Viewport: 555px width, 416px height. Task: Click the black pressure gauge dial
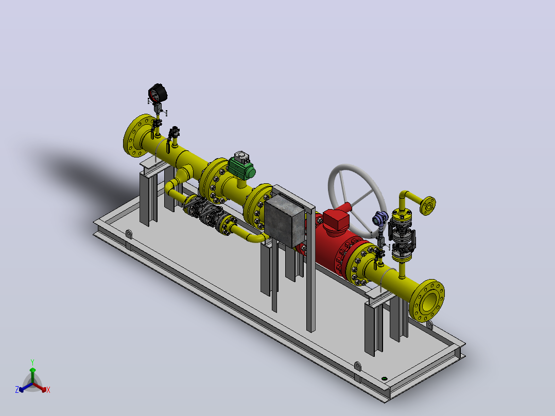pos(158,93)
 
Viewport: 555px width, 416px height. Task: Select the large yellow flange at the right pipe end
pos(427,301)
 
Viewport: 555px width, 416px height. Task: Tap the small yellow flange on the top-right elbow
pos(427,205)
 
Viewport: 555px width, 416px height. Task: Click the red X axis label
pos(48,390)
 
